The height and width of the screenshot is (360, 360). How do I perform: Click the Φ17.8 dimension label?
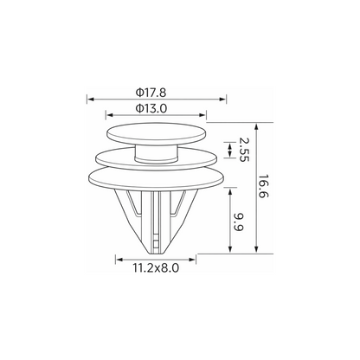[x=151, y=93]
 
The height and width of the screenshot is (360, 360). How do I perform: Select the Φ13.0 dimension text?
[x=151, y=108]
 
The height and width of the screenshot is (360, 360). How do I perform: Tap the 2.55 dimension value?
[x=244, y=150]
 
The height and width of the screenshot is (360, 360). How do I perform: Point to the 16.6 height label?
[x=263, y=186]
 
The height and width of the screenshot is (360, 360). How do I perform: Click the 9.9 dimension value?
[x=239, y=222]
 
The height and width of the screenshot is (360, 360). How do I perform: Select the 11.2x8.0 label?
[x=156, y=268]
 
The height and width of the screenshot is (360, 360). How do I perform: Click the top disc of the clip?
[x=156, y=132]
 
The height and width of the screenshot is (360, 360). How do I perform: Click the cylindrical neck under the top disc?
[x=156, y=153]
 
